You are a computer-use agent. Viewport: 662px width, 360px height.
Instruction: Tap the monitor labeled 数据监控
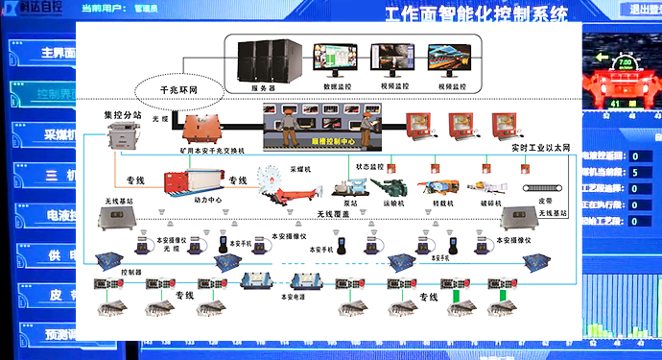(339, 60)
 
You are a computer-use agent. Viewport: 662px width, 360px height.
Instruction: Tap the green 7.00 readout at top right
(627, 60)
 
